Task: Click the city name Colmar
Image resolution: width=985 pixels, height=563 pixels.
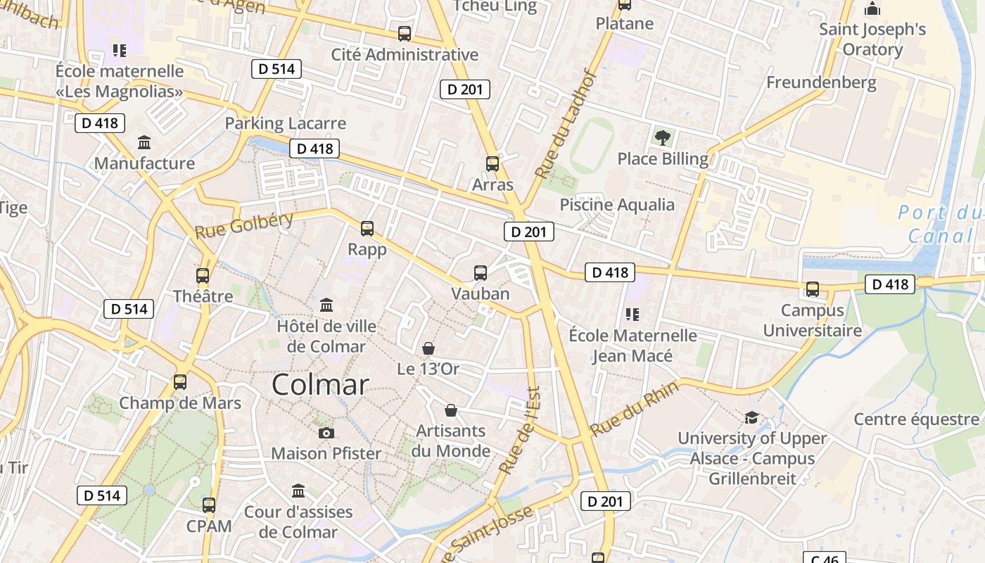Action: click(x=320, y=385)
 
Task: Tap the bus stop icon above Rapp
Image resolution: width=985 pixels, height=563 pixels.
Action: click(x=367, y=229)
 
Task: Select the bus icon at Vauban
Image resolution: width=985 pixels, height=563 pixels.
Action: click(x=481, y=273)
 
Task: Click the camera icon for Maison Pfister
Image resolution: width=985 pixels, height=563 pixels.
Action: click(x=326, y=433)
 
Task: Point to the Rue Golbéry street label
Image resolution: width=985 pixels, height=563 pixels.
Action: click(x=243, y=224)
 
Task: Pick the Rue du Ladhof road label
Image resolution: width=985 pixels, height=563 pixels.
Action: click(x=566, y=124)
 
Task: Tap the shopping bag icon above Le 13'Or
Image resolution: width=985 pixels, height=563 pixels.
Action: click(x=428, y=348)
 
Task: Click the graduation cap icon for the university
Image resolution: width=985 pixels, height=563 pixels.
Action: click(x=751, y=417)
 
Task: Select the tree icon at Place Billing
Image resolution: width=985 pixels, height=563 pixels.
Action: click(x=662, y=137)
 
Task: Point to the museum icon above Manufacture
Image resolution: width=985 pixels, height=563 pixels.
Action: click(x=145, y=143)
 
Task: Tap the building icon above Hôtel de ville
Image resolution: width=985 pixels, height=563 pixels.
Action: click(x=326, y=305)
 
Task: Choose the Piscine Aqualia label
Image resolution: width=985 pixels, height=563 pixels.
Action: click(x=617, y=205)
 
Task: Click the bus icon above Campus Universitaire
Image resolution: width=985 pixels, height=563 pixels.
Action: click(x=813, y=289)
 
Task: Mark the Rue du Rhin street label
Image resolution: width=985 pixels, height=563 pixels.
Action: click(x=634, y=408)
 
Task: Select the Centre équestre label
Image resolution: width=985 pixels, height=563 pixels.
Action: click(x=916, y=419)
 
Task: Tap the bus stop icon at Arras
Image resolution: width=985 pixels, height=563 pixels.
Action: click(x=493, y=164)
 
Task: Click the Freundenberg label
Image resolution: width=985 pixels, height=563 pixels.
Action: click(x=821, y=82)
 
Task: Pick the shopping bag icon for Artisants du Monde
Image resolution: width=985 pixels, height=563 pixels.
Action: click(x=451, y=410)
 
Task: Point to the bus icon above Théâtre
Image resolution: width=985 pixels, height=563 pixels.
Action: click(x=203, y=276)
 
